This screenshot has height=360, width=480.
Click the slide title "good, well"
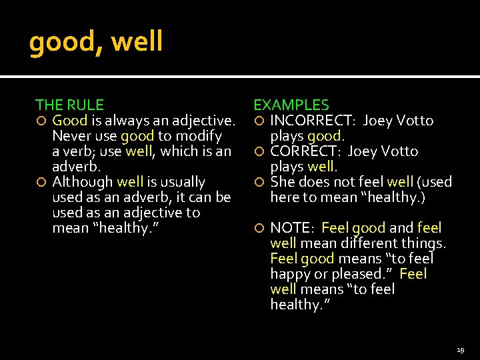pyautogui.click(x=96, y=42)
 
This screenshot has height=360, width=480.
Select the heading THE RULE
pyautogui.click(x=69, y=105)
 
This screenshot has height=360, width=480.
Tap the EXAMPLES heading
pyautogui.click(x=291, y=105)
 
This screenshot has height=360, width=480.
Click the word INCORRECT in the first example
pyautogui.click(x=305, y=121)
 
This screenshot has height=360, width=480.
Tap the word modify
pyautogui.click(x=199, y=136)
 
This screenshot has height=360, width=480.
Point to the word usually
pyautogui.click(x=181, y=182)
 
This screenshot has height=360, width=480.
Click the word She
pyautogui.click(x=283, y=182)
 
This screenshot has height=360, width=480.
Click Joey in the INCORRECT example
pyautogui.click(x=378, y=121)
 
